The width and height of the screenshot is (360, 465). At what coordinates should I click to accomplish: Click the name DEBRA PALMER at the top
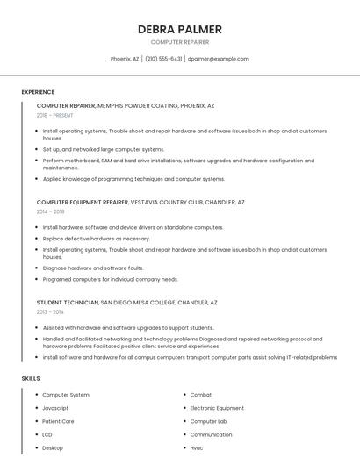coord(180,29)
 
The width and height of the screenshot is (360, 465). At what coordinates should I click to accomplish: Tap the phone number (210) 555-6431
coord(163,59)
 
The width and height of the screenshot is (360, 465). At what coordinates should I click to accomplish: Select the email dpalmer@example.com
coord(219,59)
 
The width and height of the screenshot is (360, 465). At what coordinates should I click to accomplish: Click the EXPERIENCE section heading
coord(38,92)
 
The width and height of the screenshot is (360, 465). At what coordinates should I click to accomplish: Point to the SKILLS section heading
coord(31,378)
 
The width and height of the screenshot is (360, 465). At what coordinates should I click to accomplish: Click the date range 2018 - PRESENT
coord(55,115)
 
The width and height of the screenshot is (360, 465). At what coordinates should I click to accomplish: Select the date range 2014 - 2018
coord(51,211)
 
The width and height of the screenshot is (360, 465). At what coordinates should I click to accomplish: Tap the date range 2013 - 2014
coord(50,311)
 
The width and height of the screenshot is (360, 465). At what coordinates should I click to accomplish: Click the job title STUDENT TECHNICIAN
coord(68,302)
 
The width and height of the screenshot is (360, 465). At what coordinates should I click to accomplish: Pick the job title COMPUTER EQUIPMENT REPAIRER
coord(83,202)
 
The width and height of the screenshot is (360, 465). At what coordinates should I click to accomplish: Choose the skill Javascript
coord(55,408)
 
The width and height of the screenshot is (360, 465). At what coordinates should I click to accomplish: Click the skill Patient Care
coord(58,421)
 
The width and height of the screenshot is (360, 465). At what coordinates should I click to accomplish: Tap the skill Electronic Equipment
coord(217,408)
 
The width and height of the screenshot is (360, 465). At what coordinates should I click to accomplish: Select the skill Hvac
coord(198,447)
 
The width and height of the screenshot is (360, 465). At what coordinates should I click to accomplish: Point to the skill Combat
coord(201,395)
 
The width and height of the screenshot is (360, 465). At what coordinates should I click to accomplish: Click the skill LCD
coord(47,434)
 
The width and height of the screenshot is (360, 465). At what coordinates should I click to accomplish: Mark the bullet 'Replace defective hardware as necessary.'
coord(96,238)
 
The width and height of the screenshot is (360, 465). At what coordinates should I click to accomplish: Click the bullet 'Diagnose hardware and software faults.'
coord(93,268)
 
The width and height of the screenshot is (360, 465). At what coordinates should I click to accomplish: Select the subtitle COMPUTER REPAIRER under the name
coord(180,41)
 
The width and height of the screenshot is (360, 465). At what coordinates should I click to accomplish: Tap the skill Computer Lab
coord(209,421)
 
